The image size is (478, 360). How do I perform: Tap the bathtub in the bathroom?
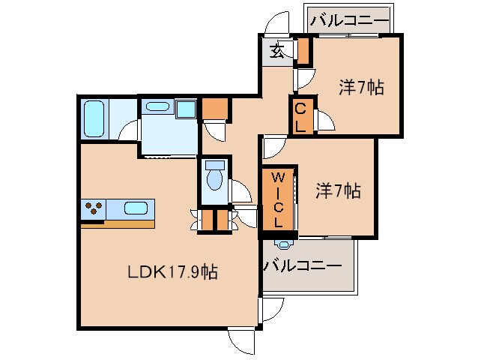click(94, 119)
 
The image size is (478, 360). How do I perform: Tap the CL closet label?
click(300, 116)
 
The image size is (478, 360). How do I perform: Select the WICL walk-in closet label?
click(277, 199)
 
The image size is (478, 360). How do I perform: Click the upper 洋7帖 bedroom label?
click(361, 88)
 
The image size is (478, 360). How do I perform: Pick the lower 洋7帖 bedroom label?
click(337, 191)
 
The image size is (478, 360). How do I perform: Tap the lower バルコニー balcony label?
click(303, 265)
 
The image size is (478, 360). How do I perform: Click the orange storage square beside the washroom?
click(214, 109)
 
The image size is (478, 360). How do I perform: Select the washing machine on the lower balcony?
click(283, 243)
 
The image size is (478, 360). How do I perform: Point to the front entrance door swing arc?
click(277, 22)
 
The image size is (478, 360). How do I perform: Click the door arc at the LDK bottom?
click(243, 341)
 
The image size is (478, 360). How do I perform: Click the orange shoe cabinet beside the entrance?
click(303, 50)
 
